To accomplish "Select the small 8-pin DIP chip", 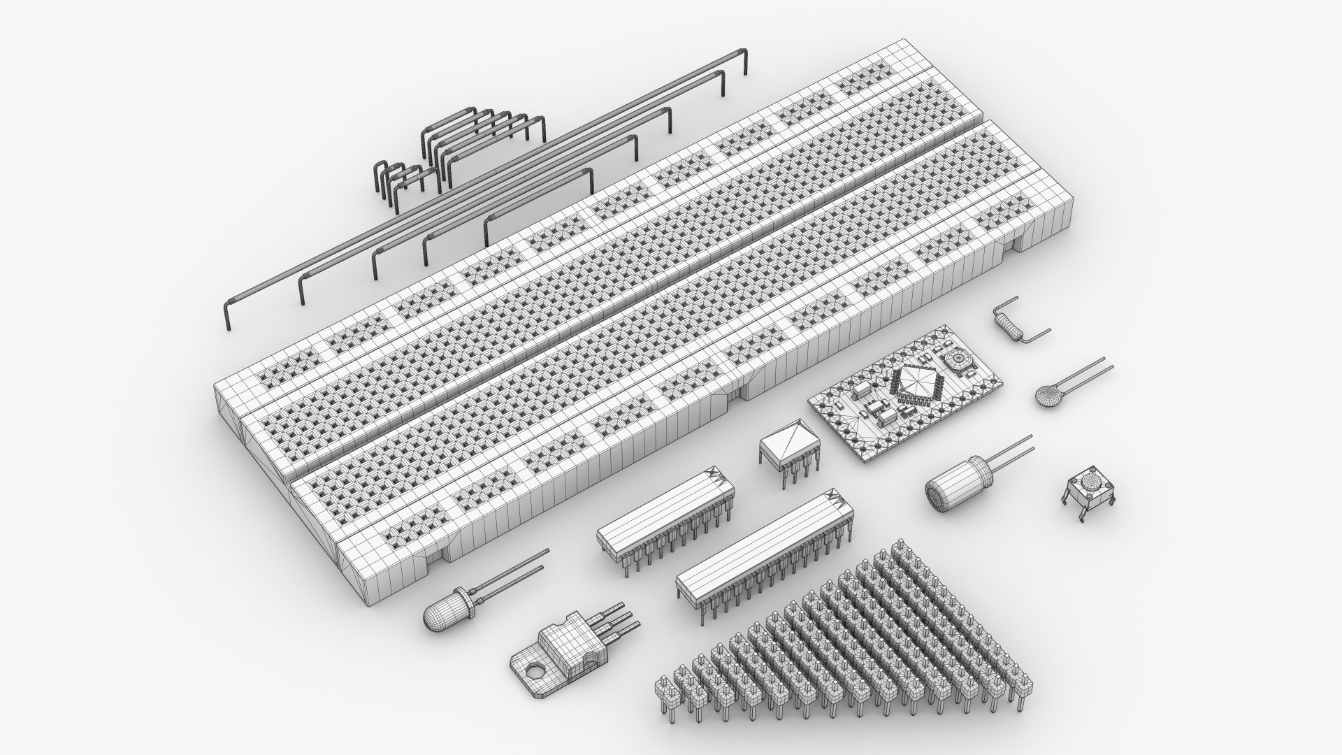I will [x=789, y=447].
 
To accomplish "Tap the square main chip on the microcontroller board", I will [x=915, y=382].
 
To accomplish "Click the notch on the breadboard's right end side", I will [x=1014, y=240].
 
